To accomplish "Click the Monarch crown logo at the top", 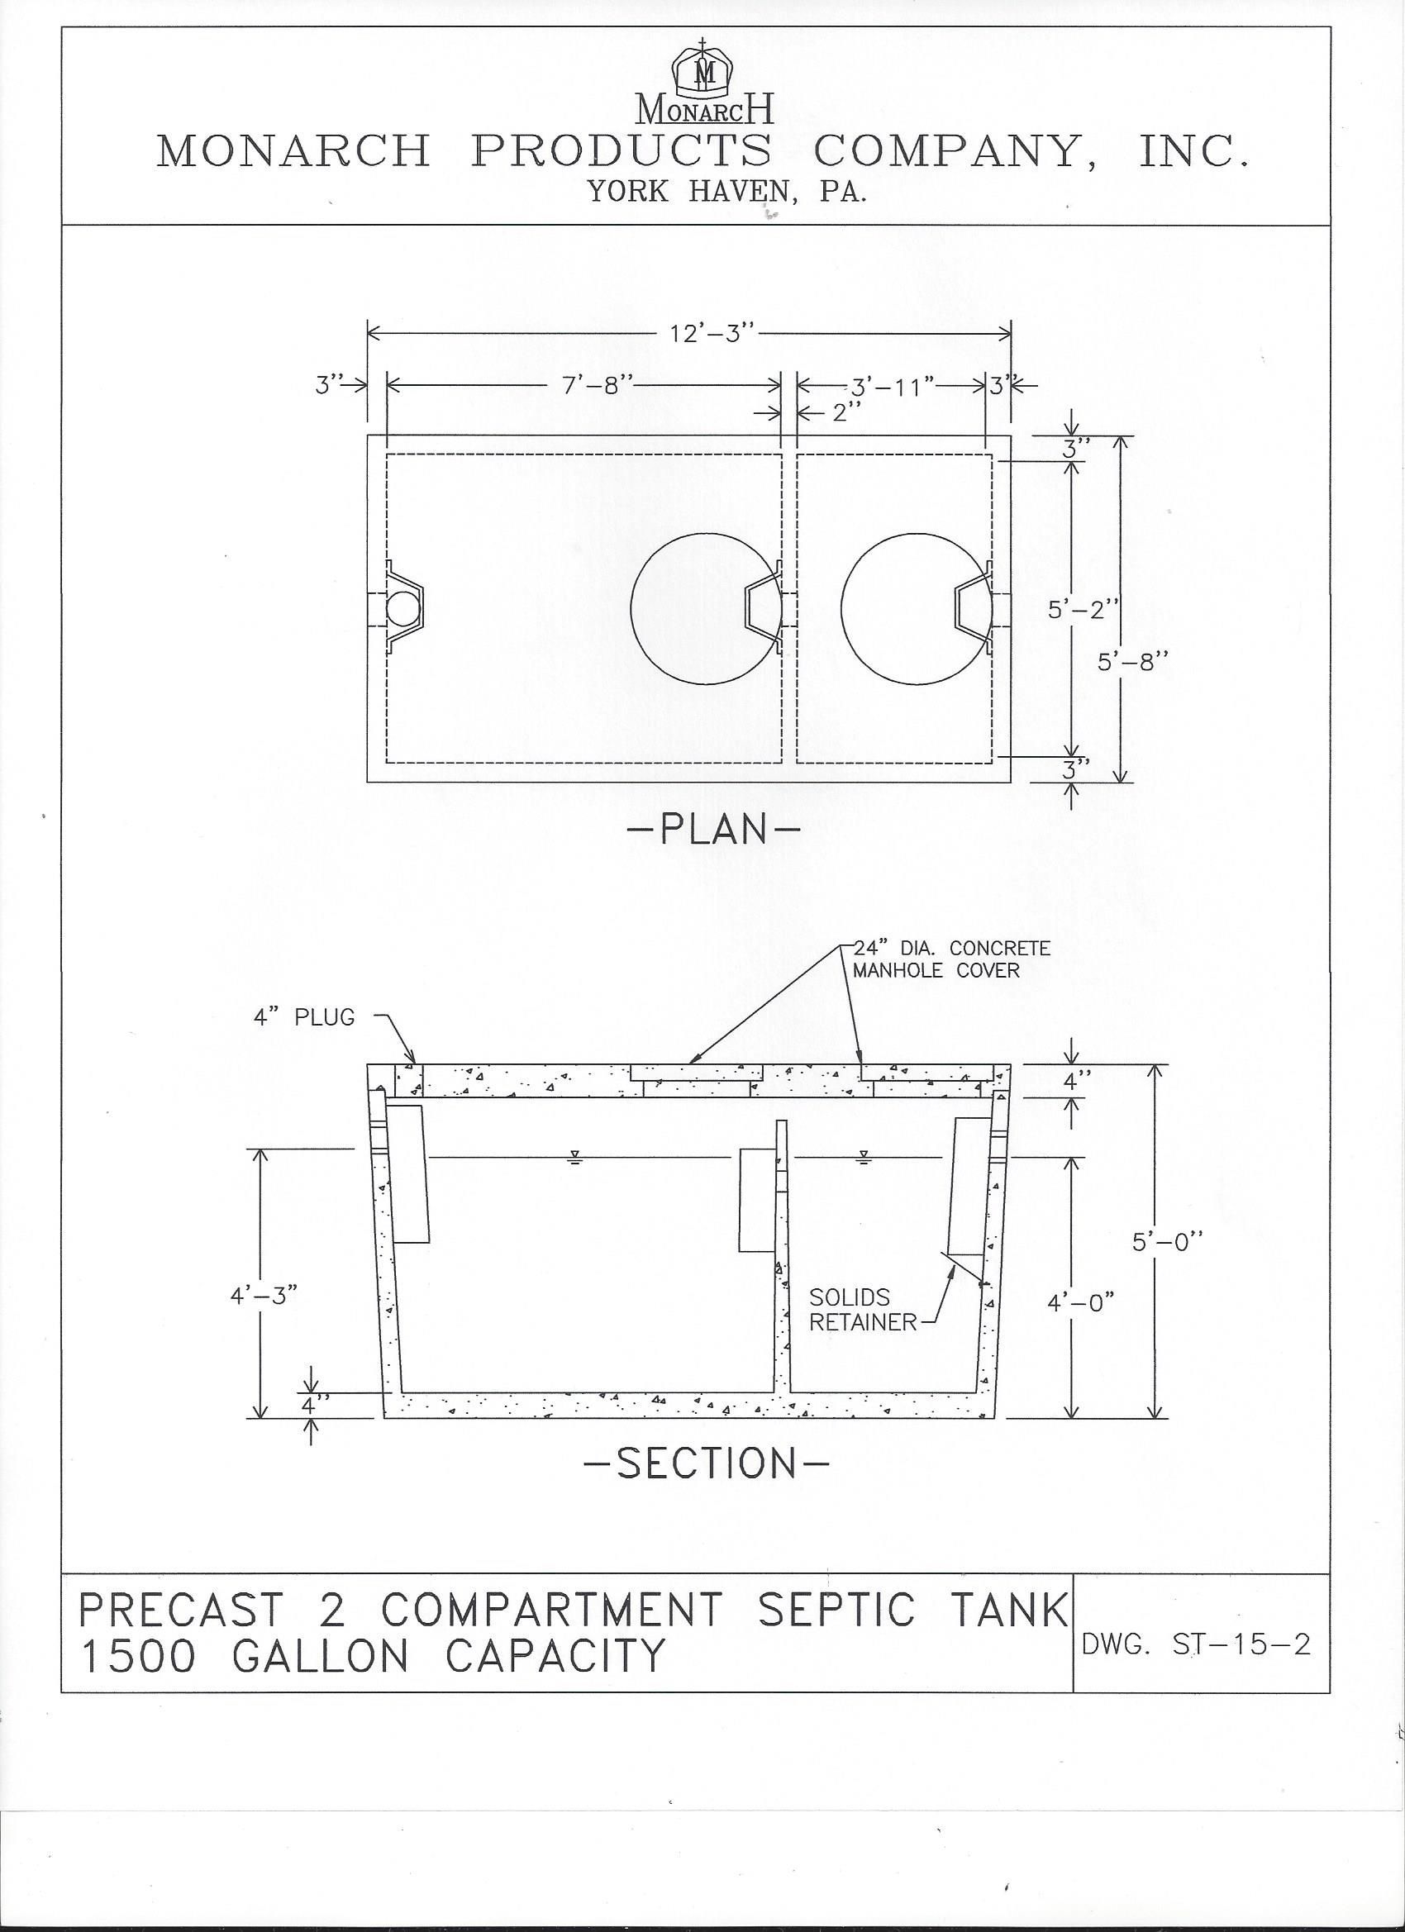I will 704,73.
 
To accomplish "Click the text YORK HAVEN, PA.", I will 726,191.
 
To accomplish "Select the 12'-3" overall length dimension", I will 712,333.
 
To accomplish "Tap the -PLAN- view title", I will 713,829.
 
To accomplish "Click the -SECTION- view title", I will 707,1463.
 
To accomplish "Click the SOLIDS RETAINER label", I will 861,1310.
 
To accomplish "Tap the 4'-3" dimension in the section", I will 264,1296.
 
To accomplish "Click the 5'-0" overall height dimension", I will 1166,1242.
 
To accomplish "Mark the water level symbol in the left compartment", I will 576,1157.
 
